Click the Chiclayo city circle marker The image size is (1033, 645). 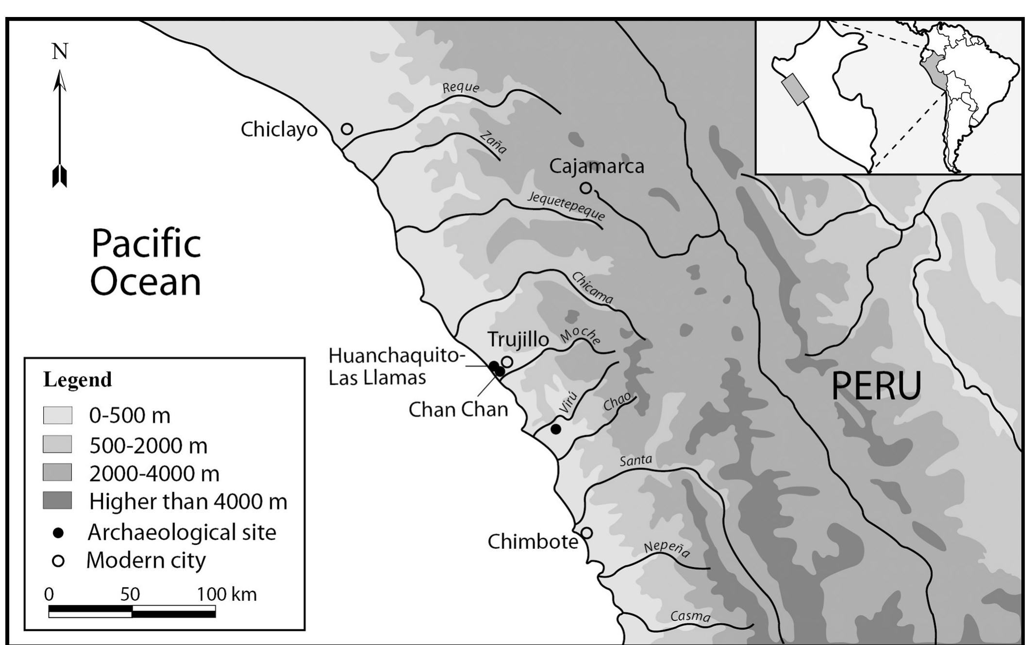pos(347,129)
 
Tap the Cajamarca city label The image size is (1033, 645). pos(597,167)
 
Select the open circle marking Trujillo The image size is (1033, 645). pos(507,362)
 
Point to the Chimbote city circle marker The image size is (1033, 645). pos(586,533)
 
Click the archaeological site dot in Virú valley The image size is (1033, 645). pos(556,429)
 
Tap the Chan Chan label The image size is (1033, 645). pos(458,409)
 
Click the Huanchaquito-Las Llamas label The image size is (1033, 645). pos(394,366)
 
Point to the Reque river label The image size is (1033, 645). pos(461,87)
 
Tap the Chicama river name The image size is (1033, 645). pos(592,288)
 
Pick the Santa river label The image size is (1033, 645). pos(635,460)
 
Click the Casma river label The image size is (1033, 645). pos(690,616)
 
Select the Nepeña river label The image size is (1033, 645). pos(666,549)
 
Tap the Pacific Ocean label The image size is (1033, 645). pos(146,263)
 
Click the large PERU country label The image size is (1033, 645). pos(876,386)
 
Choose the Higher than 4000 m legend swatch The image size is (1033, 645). pos(57,501)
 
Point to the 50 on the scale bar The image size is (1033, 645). pos(130,594)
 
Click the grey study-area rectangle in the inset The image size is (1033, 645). pos(795,89)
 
